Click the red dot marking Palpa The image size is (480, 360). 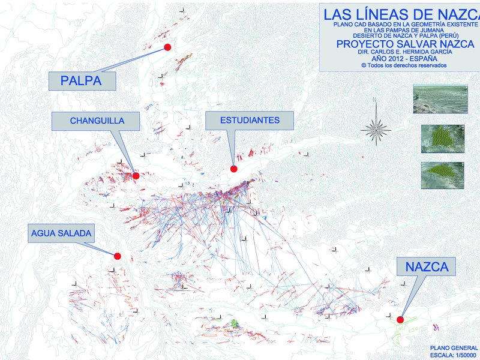tap(168, 47)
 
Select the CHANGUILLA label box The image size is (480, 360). tap(97, 121)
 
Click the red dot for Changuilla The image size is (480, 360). tap(136, 176)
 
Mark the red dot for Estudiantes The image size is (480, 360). tap(234, 169)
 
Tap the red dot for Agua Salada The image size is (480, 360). tap(118, 256)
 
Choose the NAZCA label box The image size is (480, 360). tap(427, 266)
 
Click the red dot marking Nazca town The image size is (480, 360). tap(400, 319)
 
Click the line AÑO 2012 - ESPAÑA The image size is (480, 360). tap(396, 59)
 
